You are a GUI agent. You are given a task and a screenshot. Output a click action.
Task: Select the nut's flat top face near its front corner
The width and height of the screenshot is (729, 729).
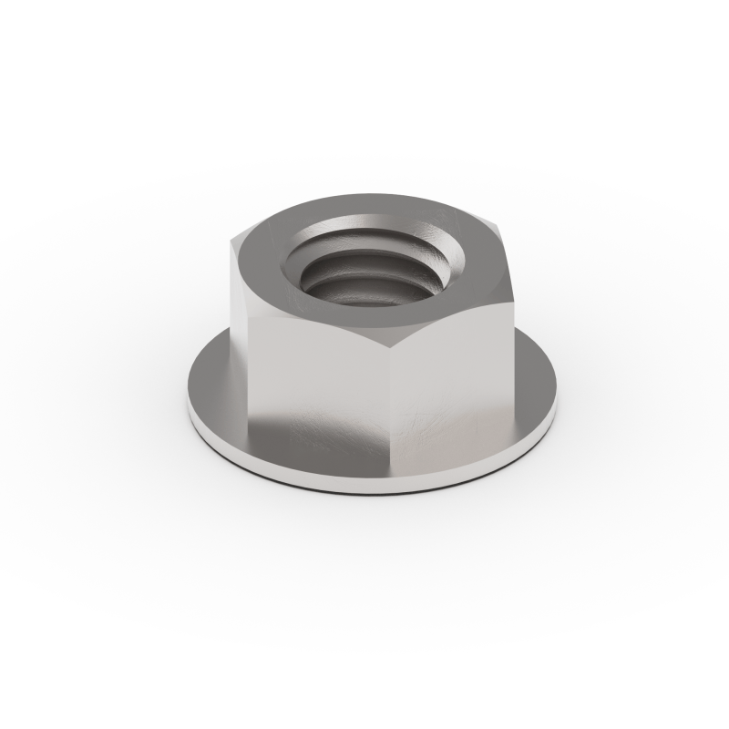tap(387, 314)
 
